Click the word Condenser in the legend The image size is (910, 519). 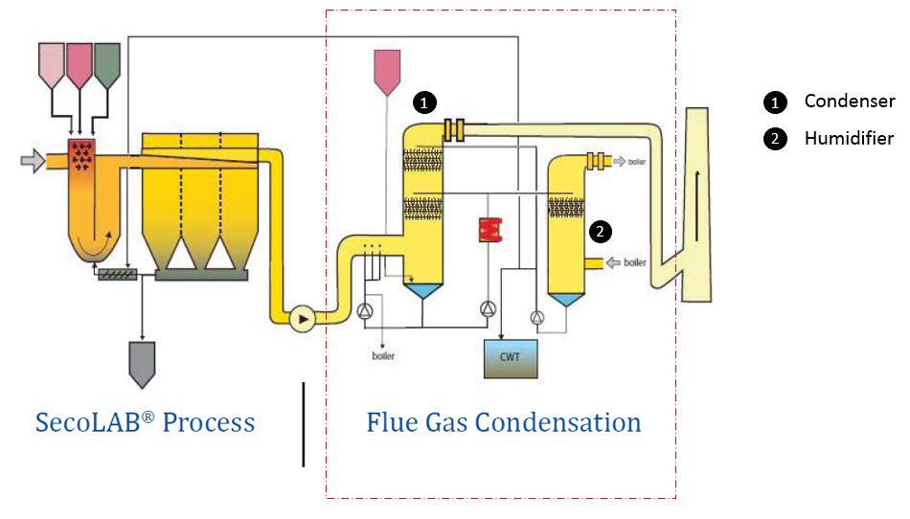tap(849, 102)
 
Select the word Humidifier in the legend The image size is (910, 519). tap(849, 139)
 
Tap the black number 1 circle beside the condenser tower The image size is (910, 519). tap(422, 101)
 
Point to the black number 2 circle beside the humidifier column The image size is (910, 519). tap(600, 231)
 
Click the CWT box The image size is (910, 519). tap(510, 357)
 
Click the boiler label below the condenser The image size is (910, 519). tap(383, 356)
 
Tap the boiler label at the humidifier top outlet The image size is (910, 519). tap(636, 163)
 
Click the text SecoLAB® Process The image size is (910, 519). tap(145, 422)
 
